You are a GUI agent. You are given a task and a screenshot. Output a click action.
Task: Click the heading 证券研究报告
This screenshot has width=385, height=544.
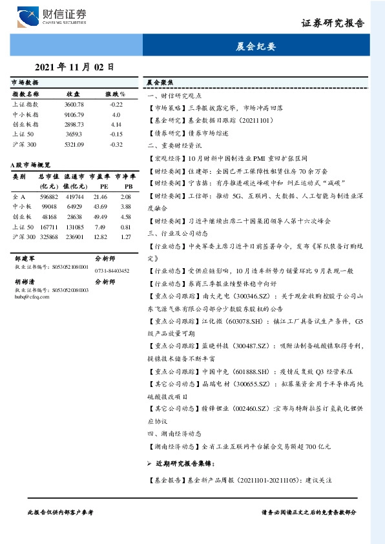333,23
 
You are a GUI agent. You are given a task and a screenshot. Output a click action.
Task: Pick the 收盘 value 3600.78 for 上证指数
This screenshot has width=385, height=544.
74,104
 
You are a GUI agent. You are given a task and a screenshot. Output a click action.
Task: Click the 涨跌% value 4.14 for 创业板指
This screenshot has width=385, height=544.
116,124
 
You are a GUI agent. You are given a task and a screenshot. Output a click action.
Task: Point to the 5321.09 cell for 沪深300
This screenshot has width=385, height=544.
74,144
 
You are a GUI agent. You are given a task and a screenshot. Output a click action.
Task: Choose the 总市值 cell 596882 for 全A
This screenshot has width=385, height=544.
49,196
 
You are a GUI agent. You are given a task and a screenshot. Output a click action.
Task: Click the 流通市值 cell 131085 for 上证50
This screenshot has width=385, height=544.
74,227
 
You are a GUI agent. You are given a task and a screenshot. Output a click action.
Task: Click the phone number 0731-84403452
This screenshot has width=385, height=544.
112,271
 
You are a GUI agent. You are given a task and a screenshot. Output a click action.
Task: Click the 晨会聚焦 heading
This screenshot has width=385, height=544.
159,83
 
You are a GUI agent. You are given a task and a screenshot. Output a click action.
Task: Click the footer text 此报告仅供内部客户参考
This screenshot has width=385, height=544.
61,512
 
